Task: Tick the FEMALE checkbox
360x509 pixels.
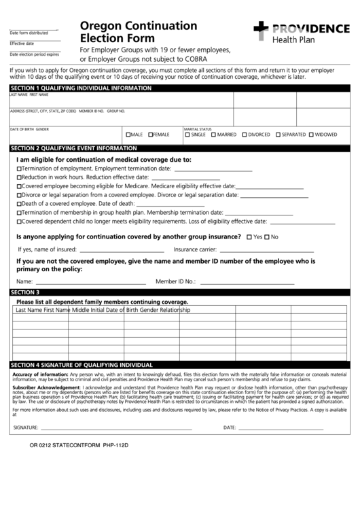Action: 151,135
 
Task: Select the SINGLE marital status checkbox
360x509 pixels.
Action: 187,135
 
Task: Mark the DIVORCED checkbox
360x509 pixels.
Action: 244,135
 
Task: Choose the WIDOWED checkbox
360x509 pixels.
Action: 312,135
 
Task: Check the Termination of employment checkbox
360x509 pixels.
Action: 19,169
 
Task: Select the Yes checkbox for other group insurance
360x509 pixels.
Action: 249,237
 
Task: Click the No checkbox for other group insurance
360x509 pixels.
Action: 266,237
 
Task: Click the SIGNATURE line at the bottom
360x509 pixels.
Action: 115,428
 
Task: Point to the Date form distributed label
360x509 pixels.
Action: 29,33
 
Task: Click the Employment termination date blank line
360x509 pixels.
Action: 212,169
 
